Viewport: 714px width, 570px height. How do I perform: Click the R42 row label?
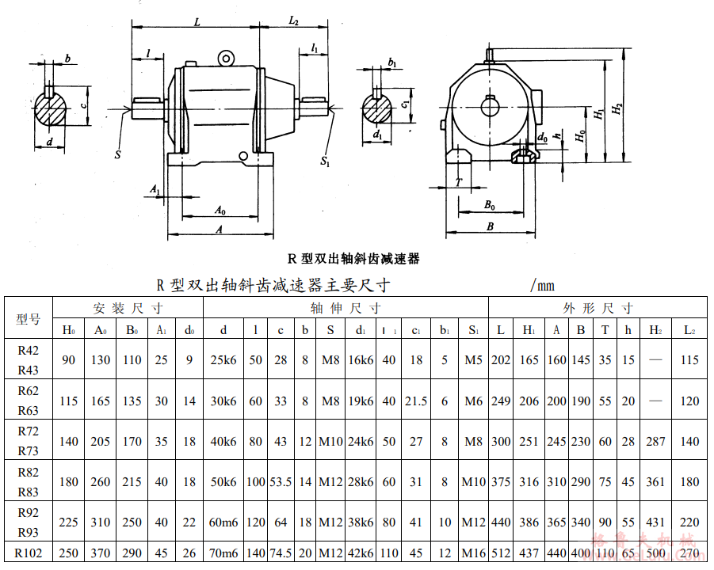[x=28, y=350]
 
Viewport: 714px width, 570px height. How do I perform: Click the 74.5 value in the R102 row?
[x=281, y=553]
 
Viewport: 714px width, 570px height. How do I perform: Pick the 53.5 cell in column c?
[x=281, y=482]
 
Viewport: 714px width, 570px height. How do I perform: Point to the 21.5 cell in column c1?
[x=417, y=401]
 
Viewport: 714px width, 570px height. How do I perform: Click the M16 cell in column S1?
[x=473, y=553]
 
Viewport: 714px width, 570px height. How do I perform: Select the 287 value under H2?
[x=656, y=442]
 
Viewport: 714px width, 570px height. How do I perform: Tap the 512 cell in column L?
[x=501, y=553]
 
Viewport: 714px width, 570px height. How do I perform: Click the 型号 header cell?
[x=28, y=319]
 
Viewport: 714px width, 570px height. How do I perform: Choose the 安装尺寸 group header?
[x=128, y=308]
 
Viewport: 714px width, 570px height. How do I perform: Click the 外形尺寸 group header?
[x=598, y=308]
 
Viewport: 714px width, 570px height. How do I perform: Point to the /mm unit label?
[x=541, y=285]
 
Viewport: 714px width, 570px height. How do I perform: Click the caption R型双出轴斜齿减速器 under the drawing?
[x=353, y=258]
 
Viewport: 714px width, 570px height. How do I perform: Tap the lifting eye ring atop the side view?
[x=227, y=57]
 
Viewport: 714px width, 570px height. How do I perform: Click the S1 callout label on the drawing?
[x=325, y=161]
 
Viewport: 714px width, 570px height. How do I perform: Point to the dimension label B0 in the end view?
[x=489, y=205]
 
